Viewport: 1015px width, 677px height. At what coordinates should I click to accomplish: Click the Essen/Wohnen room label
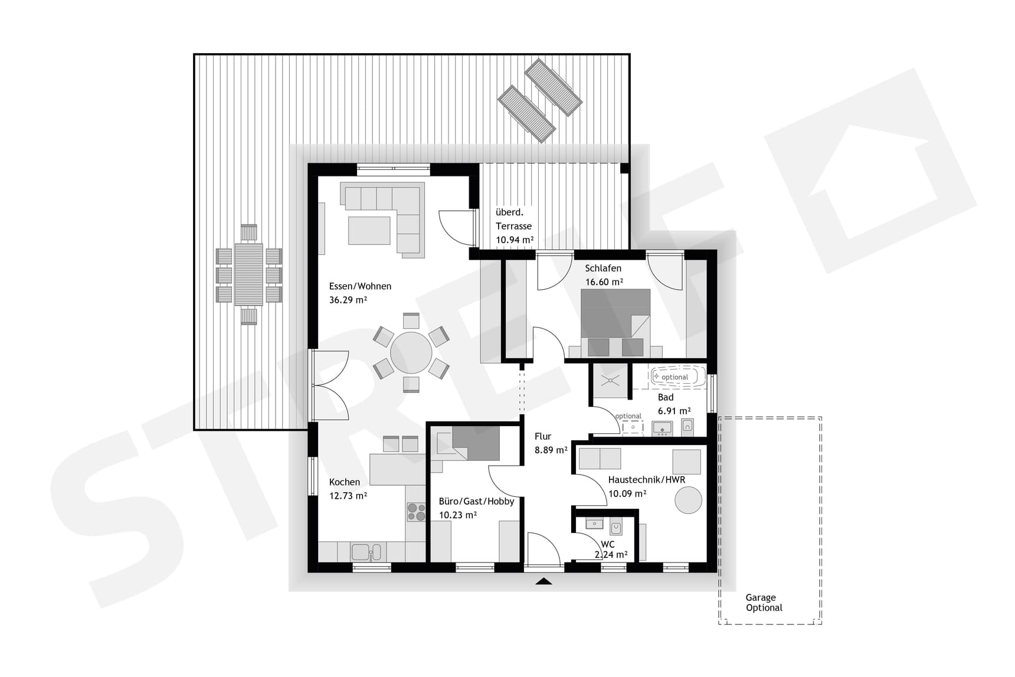click(360, 286)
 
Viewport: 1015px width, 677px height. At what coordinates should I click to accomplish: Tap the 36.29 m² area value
click(348, 300)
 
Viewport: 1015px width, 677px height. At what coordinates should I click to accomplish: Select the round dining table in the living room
click(411, 352)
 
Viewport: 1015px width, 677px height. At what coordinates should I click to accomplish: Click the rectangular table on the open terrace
click(248, 274)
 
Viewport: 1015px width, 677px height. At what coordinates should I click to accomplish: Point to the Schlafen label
click(603, 268)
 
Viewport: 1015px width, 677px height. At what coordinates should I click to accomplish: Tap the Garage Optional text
click(764, 603)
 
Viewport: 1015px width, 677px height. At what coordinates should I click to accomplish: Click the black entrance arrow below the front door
click(543, 581)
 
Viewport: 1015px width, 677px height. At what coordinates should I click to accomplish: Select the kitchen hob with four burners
click(416, 511)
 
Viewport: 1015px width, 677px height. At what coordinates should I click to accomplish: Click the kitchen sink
click(366, 552)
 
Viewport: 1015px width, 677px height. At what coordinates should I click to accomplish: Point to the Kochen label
click(344, 482)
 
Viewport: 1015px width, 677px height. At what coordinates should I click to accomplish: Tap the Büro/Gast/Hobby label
click(476, 501)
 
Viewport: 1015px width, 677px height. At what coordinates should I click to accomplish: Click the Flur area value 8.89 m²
click(551, 450)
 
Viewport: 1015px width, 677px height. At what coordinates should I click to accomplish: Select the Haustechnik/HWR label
click(647, 480)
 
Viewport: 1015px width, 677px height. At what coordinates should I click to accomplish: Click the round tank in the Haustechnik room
click(688, 500)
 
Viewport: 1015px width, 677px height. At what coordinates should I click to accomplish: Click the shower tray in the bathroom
click(610, 381)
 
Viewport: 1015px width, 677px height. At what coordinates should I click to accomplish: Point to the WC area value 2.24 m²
click(611, 555)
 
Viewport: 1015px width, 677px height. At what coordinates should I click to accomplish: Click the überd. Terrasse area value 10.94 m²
click(515, 240)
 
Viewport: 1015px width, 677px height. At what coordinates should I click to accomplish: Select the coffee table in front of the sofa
click(369, 230)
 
